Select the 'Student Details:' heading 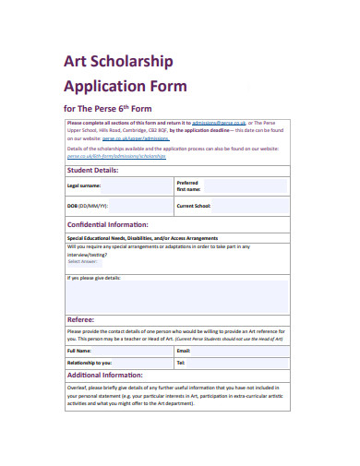coord(92,170)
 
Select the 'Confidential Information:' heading coord(107,224)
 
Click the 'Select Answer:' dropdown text coord(83,261)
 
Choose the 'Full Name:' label coord(78,351)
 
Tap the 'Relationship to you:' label coord(90,363)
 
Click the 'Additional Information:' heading coord(104,376)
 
